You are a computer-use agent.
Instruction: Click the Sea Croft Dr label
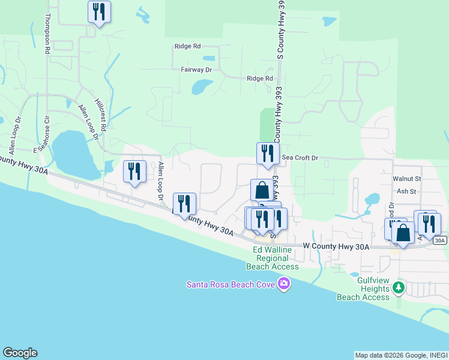[x=300, y=158]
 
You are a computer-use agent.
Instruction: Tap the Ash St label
[x=406, y=191]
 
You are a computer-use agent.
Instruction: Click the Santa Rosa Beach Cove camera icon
[x=285, y=284]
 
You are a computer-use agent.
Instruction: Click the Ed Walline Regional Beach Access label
[x=276, y=258]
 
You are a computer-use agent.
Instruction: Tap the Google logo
[x=20, y=353]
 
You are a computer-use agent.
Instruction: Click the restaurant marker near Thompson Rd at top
[x=99, y=13]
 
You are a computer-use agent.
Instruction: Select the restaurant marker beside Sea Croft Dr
[x=268, y=154]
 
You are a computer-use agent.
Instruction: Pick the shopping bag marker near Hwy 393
[x=262, y=191]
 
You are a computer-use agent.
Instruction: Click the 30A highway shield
[x=440, y=241]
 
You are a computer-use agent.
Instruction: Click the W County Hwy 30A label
[x=336, y=246]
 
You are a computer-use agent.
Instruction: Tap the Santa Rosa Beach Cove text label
[x=231, y=284]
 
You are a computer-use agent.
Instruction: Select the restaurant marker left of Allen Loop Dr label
[x=134, y=172]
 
